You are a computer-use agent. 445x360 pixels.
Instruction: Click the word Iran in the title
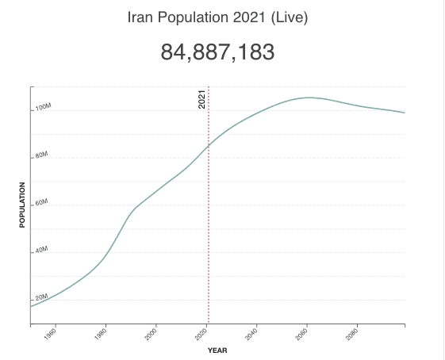point(140,17)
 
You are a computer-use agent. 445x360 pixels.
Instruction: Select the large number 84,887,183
point(218,52)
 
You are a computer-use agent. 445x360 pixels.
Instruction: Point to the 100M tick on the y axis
point(43,107)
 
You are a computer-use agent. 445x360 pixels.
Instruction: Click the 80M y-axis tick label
point(41,156)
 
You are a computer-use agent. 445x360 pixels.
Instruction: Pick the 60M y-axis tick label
point(41,204)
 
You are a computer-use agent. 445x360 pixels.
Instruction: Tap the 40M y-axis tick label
point(41,251)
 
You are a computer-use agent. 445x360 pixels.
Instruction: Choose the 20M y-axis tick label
point(41,297)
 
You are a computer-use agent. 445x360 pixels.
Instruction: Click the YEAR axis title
point(217,350)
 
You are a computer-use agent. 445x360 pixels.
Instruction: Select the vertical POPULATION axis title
point(22,205)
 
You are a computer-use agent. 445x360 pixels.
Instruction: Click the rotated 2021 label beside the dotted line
point(201,100)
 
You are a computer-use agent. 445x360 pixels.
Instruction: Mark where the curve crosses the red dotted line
point(209,145)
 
